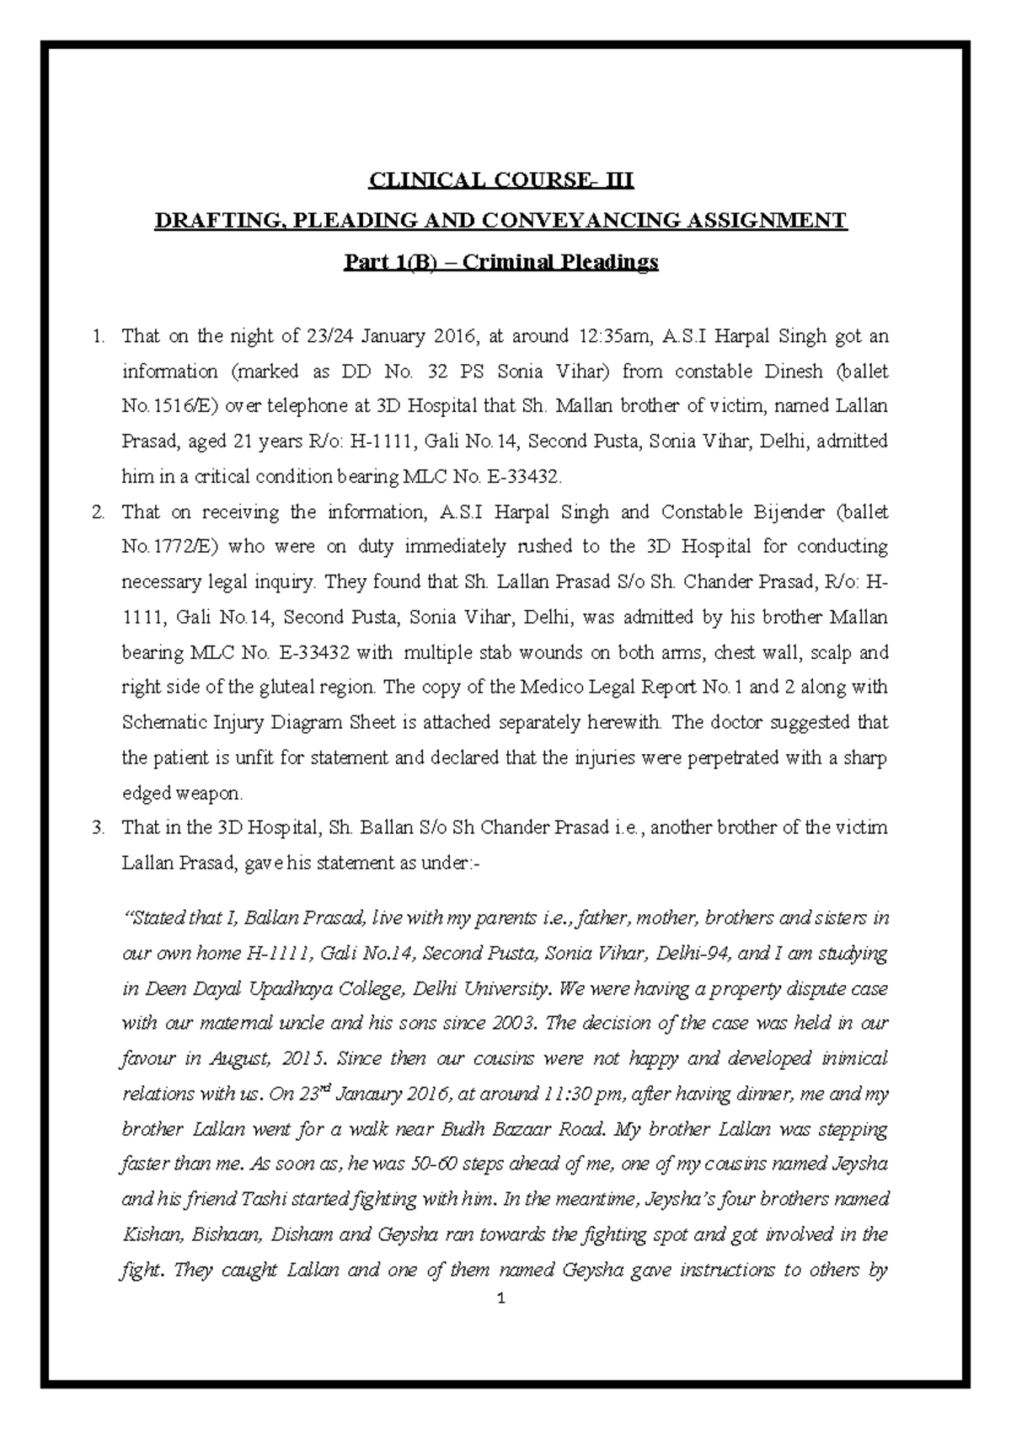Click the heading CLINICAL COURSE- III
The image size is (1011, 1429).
pyautogui.click(x=504, y=180)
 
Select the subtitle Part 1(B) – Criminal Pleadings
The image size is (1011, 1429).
pyautogui.click(x=501, y=263)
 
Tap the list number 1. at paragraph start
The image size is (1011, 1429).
pyautogui.click(x=99, y=338)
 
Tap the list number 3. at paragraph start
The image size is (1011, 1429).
pyautogui.click(x=99, y=827)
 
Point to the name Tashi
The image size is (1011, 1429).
pyautogui.click(x=266, y=1199)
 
